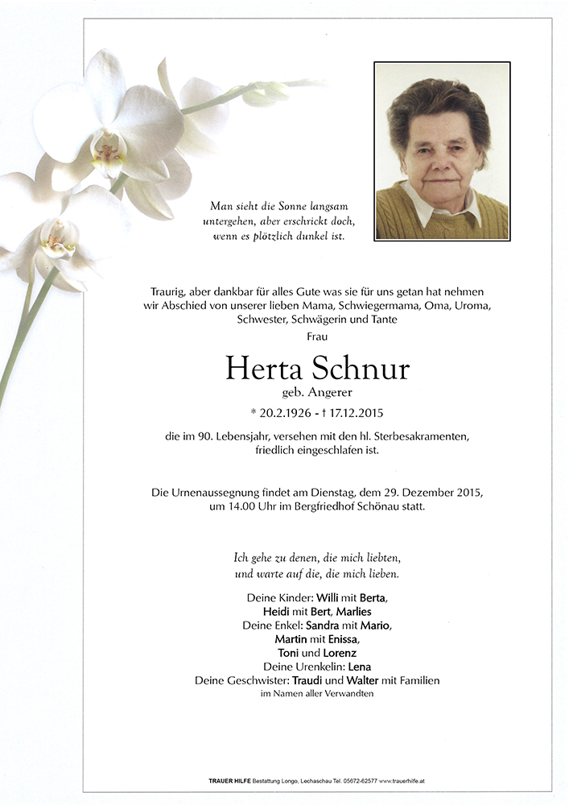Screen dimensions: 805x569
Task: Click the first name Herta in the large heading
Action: click(262, 369)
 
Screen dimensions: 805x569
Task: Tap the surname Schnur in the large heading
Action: click(364, 369)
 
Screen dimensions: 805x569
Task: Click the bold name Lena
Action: click(359, 667)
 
